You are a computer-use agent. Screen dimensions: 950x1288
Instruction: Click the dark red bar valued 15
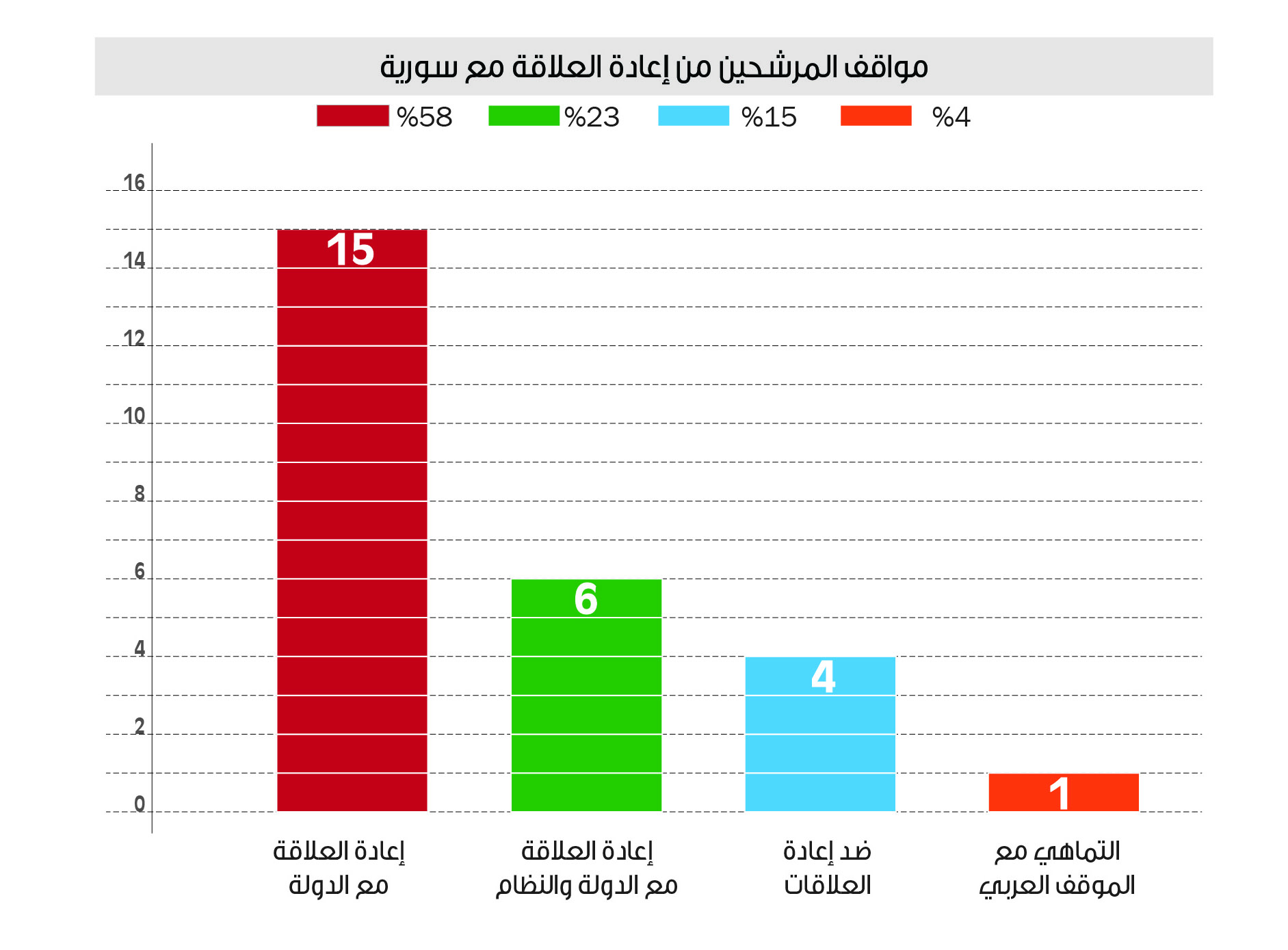352,520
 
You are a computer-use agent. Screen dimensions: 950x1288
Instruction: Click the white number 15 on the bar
350,249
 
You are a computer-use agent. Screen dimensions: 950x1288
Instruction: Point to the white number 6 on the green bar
586,599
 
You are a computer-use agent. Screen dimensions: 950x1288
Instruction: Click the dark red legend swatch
352,116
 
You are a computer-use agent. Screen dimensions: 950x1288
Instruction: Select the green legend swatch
523,116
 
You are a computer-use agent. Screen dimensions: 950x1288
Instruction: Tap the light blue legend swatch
693,116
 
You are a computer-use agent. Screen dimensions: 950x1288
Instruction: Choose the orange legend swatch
876,116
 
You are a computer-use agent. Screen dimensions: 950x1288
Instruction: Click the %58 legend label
425,118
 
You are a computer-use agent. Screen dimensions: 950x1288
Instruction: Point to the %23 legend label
592,118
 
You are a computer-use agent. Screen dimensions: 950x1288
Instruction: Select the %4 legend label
951,118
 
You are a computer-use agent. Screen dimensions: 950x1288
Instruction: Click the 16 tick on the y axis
134,183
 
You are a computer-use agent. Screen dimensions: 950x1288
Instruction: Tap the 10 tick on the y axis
134,416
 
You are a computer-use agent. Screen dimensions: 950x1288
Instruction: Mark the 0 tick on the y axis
140,804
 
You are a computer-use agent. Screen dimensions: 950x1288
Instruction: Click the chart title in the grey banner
653,67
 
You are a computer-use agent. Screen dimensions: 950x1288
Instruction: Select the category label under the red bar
339,869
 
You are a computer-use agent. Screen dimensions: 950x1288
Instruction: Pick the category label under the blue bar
827,869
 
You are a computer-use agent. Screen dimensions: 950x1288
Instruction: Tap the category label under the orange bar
1057,869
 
